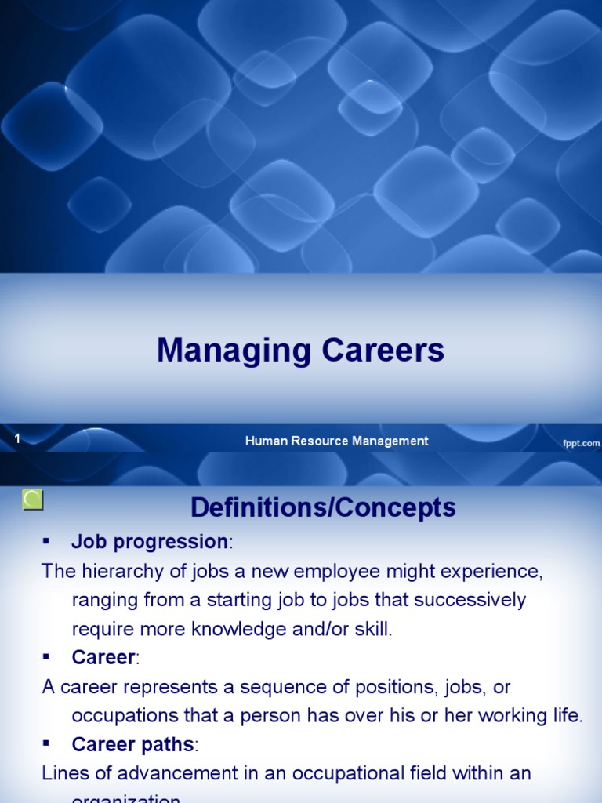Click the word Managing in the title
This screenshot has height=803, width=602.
point(223,351)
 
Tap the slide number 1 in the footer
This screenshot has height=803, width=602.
point(16,440)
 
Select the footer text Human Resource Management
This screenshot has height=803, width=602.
point(336,441)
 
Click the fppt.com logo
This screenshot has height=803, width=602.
point(581,443)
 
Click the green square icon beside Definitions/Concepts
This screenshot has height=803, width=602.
point(34,500)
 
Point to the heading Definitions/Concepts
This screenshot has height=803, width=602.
point(323,507)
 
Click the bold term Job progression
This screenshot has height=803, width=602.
point(149,542)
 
